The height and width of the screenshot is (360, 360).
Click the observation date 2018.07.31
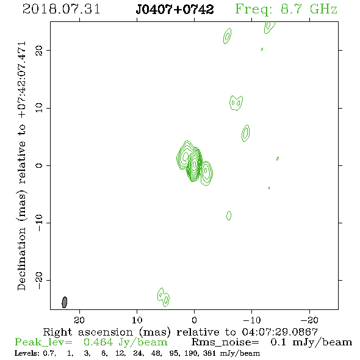pyautogui.click(x=61, y=9)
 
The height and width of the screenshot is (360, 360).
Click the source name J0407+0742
pyautogui.click(x=175, y=9)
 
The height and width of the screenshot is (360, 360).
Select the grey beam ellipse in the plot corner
pyautogui.click(x=65, y=302)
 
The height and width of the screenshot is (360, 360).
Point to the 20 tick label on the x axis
pyautogui.click(x=79, y=320)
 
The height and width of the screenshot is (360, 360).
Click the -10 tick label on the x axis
pyautogui.click(x=251, y=320)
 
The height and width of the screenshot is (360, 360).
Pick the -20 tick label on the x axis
pyautogui.click(x=309, y=320)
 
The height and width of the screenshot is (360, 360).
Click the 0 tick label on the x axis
pyautogui.click(x=194, y=320)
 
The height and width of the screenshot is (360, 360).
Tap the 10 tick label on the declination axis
pyautogui.click(x=39, y=107)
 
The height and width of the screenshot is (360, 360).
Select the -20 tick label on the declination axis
pyautogui.click(x=39, y=280)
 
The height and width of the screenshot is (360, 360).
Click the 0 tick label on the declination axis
pyautogui.click(x=39, y=165)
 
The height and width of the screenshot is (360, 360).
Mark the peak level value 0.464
pyautogui.click(x=98, y=342)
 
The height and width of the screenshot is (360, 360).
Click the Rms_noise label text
pyautogui.click(x=225, y=342)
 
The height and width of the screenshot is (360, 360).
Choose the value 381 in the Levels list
pyautogui.click(x=209, y=353)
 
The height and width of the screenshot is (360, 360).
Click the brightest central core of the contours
pyautogui.click(x=194, y=164)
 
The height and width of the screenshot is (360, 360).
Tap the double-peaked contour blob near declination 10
pyautogui.click(x=236, y=103)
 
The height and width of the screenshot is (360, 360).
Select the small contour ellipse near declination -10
pyautogui.click(x=229, y=215)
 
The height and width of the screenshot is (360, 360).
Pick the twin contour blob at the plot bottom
pyautogui.click(x=164, y=297)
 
